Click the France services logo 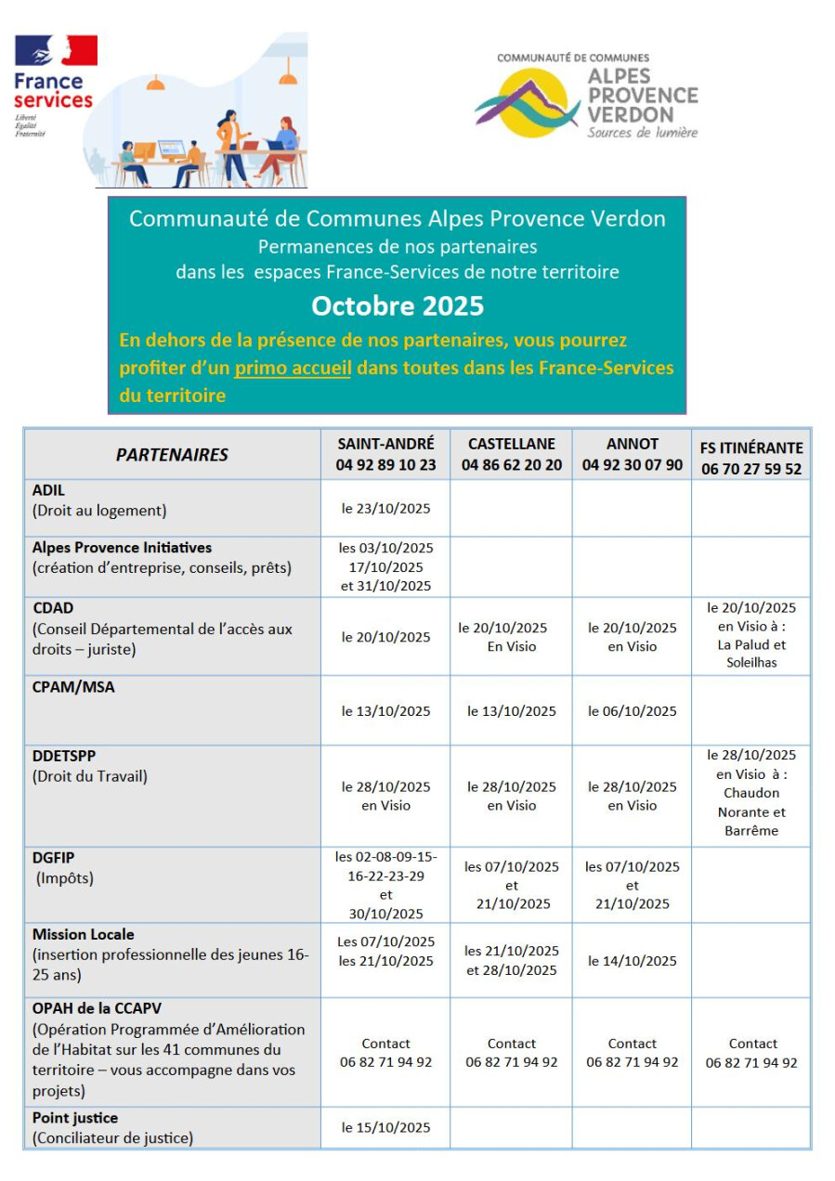click(54, 85)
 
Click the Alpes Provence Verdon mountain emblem click(528, 103)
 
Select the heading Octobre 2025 click(397, 305)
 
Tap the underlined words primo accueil click(293, 368)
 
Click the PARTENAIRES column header click(172, 455)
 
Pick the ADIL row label click(49, 490)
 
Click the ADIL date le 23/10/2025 click(385, 508)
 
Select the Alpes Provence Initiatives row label click(122, 548)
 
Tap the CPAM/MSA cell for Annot click(632, 711)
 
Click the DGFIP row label click(53, 858)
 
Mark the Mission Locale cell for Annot click(632, 961)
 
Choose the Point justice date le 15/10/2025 click(385, 1127)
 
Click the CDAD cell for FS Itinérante click(750, 635)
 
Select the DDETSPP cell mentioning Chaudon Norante click(750, 793)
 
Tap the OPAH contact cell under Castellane click(511, 1053)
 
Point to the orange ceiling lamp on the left click(156, 84)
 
